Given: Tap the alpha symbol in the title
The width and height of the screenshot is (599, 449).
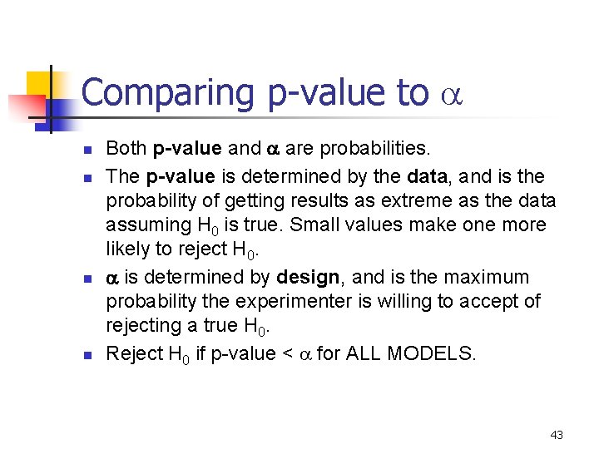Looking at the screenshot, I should point(449,96).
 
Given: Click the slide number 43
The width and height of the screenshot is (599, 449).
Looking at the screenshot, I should point(557,435).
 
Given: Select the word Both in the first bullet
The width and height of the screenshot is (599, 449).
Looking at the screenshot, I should point(126,149).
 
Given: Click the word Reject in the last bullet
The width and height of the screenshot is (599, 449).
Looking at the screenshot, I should point(134,354).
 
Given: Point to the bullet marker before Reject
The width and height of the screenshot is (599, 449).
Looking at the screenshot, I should point(86,355).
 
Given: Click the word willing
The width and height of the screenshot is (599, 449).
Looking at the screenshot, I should point(407,301).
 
